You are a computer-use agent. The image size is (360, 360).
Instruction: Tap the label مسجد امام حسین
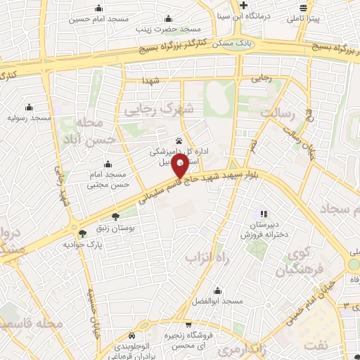pos(98,19)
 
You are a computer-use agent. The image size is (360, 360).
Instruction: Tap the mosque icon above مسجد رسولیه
pos(29,107)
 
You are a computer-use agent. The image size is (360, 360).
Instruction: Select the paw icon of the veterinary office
pos(178,140)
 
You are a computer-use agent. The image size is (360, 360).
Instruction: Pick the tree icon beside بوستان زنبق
pos(115,217)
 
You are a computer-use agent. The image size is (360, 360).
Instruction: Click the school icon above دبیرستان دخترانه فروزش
pos(264,213)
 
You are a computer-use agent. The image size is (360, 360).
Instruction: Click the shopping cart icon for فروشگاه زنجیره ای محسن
pos(189,325)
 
